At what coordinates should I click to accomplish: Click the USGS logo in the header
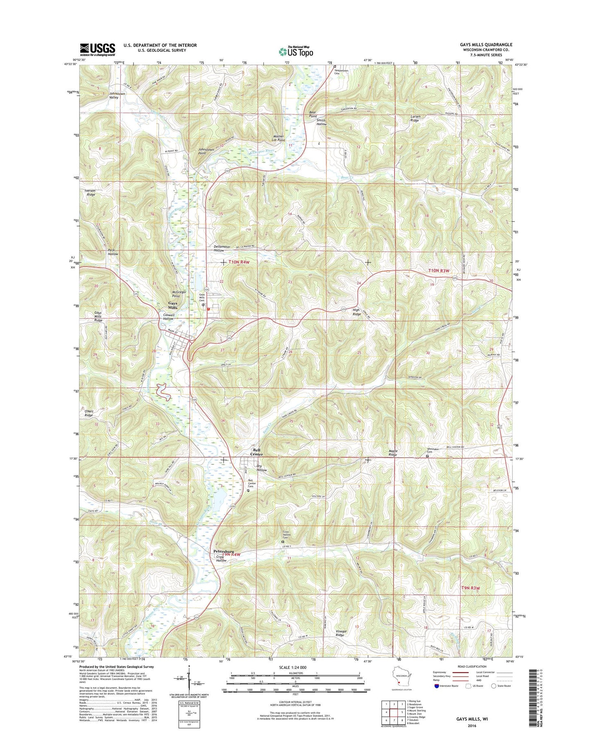(97, 50)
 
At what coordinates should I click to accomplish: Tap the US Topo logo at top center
(296, 51)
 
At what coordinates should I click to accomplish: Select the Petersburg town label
(224, 551)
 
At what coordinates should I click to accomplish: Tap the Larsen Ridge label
(415, 118)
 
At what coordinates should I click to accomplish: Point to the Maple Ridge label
(392, 453)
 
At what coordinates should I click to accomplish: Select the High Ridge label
(356, 312)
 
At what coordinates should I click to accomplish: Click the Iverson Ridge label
(90, 192)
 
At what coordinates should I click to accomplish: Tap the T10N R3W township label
(439, 271)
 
